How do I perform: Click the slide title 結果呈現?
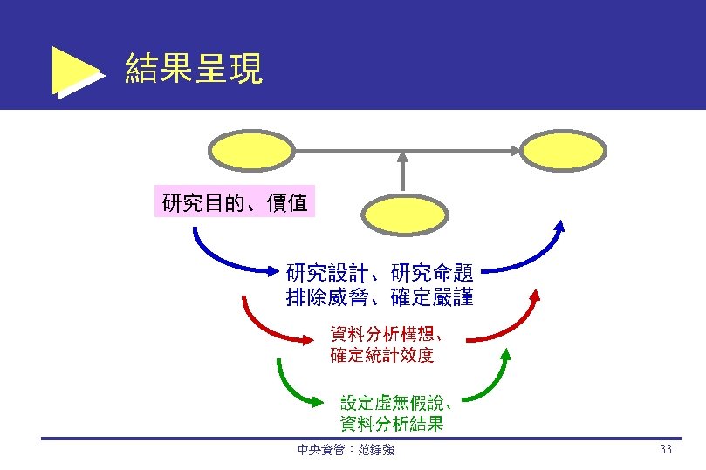click(194, 69)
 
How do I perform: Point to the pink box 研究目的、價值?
click(235, 203)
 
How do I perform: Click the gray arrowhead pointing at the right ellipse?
click(514, 150)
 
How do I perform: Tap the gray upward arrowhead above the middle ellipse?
click(402, 159)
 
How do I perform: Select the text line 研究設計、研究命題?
click(380, 272)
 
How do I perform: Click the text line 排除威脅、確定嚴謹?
click(380, 297)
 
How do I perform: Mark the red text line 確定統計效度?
click(381, 355)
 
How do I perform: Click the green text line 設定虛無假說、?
click(396, 403)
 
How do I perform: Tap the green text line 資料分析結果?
click(391, 425)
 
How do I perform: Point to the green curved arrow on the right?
click(489, 384)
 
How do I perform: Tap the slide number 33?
click(666, 450)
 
